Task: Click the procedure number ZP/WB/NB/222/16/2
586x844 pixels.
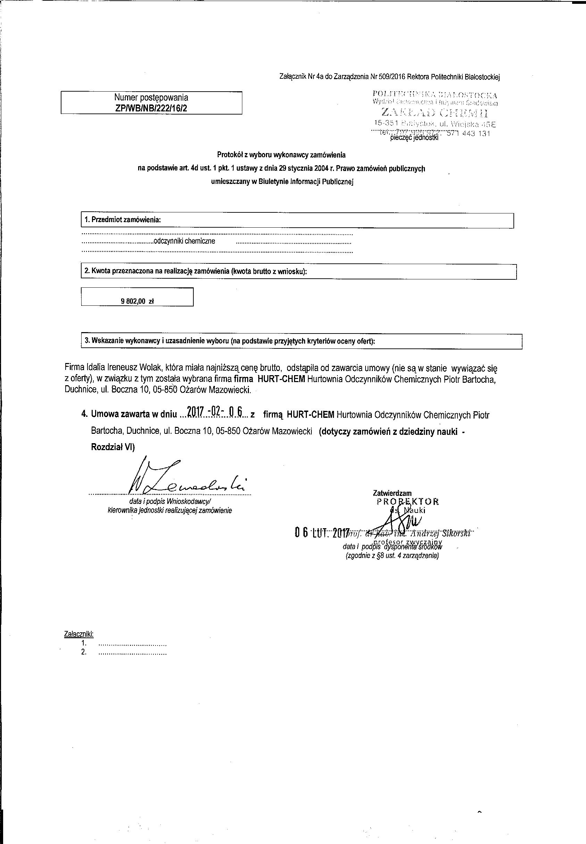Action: [151, 108]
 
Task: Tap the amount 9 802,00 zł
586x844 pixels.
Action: [137, 301]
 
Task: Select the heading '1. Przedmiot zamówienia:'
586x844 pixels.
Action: [123, 220]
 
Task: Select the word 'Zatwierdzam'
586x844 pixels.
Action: [392, 493]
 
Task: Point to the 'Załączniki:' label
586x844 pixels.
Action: [78, 634]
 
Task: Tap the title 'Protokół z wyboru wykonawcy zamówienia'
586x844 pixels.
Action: [281, 155]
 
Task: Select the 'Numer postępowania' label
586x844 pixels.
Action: [151, 98]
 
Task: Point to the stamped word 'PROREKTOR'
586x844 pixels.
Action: [408, 501]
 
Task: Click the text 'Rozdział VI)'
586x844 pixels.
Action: [113, 447]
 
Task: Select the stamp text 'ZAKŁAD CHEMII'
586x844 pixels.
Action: [435, 112]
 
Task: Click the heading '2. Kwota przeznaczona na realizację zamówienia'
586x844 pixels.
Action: [195, 271]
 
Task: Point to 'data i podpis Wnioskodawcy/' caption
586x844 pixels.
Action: [170, 501]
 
